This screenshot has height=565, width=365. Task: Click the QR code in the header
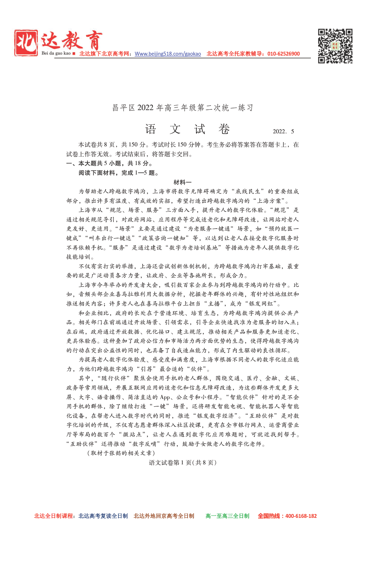[335, 46]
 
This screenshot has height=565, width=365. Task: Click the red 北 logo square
[26, 43]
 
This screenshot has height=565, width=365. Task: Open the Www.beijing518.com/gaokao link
[168, 54]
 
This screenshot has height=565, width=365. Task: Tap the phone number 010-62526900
[283, 54]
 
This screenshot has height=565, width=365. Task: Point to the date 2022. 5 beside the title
[283, 132]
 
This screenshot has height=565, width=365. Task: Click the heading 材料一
[182, 182]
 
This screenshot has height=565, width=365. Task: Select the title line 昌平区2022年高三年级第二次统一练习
[182, 108]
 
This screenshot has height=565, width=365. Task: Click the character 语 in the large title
[151, 129]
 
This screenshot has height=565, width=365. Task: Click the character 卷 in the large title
[224, 129]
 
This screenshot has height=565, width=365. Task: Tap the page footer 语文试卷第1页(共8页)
[183, 463]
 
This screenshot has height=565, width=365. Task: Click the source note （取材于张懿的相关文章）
[121, 453]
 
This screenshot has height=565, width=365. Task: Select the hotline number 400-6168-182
[301, 516]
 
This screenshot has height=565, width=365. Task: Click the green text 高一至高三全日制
[227, 516]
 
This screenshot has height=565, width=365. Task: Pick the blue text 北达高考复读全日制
[103, 516]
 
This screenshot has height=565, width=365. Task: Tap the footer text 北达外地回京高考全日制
[164, 516]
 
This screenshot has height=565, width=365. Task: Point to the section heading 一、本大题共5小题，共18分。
[109, 163]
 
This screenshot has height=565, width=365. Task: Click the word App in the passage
[165, 397]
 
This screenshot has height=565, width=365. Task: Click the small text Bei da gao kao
[56, 53]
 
